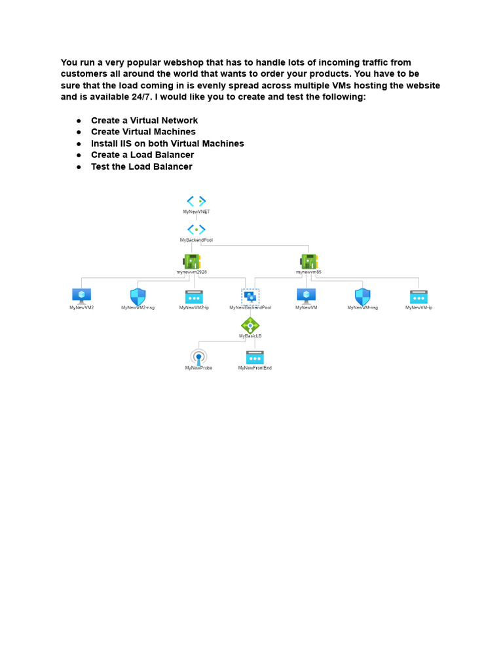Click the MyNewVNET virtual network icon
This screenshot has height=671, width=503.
pyautogui.click(x=196, y=201)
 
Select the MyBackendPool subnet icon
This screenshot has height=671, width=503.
pyautogui.click(x=196, y=229)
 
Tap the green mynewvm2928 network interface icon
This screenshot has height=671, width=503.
pyautogui.click(x=192, y=261)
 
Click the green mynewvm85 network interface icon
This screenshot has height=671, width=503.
pyautogui.click(x=308, y=261)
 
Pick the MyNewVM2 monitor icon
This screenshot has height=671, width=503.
pyautogui.click(x=82, y=296)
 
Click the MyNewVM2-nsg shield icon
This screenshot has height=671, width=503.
pyautogui.click(x=138, y=296)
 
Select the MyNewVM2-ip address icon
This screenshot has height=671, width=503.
pyautogui.click(x=194, y=296)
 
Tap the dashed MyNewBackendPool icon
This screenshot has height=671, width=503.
pyautogui.click(x=250, y=296)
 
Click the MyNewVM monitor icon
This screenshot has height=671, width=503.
pyautogui.click(x=306, y=296)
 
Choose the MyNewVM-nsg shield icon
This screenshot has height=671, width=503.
pyautogui.click(x=362, y=296)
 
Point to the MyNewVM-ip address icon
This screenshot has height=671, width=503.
pyautogui.click(x=419, y=296)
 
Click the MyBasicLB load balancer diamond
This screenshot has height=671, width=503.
pyautogui.click(x=250, y=325)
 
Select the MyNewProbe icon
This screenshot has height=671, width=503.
pyautogui.click(x=198, y=357)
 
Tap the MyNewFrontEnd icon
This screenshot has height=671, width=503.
pyautogui.click(x=255, y=357)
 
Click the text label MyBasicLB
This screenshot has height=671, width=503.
pyautogui.click(x=250, y=335)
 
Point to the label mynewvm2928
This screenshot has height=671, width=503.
pyautogui.click(x=192, y=272)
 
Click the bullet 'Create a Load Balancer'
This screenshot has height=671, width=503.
pyautogui.click(x=142, y=155)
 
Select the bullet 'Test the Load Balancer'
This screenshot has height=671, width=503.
pyautogui.click(x=141, y=166)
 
